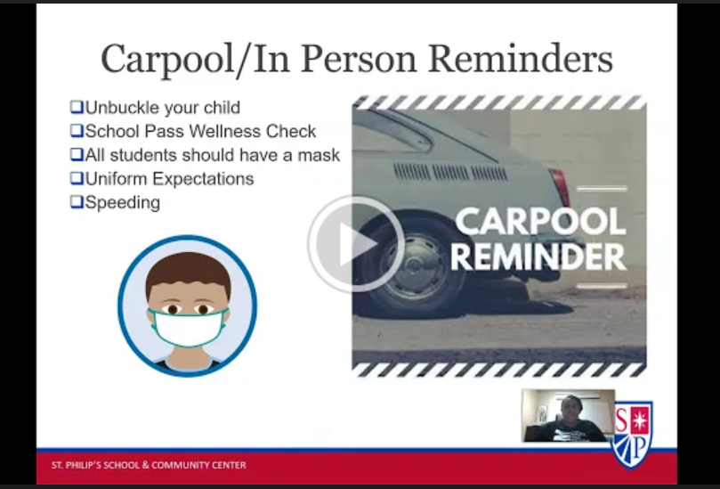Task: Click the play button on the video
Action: tap(356, 244)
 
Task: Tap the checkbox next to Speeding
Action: tap(77, 202)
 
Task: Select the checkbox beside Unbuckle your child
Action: tap(77, 107)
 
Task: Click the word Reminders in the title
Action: tap(521, 59)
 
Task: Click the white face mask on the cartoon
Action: tap(189, 328)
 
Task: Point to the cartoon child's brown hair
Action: tap(189, 271)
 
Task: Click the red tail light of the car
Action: tap(559, 187)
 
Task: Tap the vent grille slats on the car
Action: tap(450, 172)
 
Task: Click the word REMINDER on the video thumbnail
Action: tap(538, 257)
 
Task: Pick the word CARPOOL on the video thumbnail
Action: tap(541, 222)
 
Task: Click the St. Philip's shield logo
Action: tap(633, 435)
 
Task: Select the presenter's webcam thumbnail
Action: tap(568, 415)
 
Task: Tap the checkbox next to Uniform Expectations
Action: tap(77, 178)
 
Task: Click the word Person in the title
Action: tap(359, 59)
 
